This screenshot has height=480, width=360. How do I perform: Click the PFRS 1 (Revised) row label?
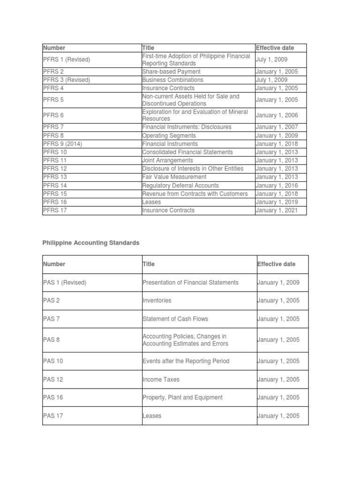tap(67, 60)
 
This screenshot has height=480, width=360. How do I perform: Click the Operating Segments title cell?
tap(169, 135)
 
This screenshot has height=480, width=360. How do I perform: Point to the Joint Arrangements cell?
tap(167, 160)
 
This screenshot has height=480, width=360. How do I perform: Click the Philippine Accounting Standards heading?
tap(90, 243)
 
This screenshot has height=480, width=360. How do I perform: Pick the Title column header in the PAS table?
tap(148, 264)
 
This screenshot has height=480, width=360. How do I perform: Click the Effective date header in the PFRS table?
tap(275, 48)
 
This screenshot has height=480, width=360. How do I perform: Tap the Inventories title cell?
tap(157, 300)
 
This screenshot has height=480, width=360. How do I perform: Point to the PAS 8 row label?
tap(52, 340)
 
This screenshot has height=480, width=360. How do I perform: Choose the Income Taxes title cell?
tap(161, 379)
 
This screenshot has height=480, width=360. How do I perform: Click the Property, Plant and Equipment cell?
tap(182, 397)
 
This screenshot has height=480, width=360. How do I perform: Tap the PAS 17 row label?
tap(52, 416)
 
